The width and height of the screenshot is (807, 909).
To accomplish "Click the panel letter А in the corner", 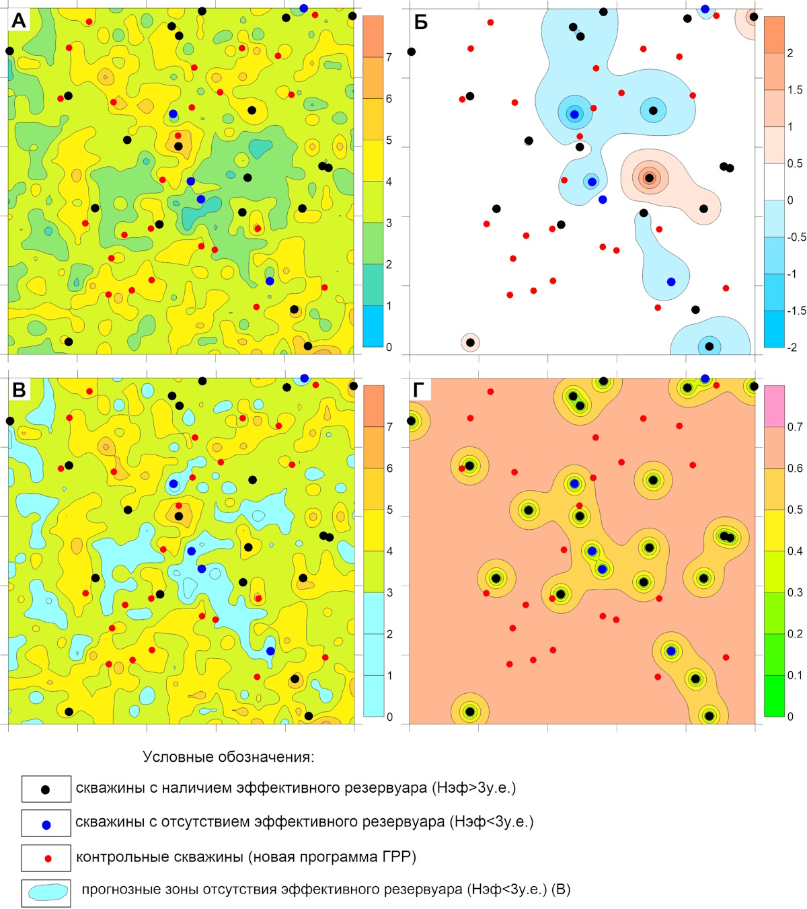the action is tap(18, 21).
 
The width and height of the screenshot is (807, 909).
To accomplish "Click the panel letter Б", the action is tap(420, 22).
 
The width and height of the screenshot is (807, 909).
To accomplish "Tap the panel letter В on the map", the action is tap(19, 391).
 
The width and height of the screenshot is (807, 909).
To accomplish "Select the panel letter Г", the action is tap(419, 391).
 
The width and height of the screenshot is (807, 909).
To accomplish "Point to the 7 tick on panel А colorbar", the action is tap(389, 57).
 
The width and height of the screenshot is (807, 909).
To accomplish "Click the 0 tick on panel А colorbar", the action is tap(389, 347).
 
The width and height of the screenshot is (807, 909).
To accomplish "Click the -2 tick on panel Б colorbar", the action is tap(792, 347).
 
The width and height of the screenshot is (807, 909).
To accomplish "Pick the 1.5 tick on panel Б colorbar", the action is tap(795, 90).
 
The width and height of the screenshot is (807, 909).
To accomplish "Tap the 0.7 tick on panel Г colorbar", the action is tap(795, 427).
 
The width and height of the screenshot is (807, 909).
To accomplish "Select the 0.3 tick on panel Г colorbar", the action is tap(795, 592).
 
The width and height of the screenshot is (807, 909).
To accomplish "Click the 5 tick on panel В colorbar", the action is tap(389, 510).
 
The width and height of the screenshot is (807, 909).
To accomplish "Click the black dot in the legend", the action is tap(45, 790).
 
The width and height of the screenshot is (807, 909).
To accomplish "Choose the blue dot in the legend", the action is tap(46, 825).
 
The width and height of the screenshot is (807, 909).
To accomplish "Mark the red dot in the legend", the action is tap(48, 859).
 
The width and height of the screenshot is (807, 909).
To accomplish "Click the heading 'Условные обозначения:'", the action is tap(229, 757).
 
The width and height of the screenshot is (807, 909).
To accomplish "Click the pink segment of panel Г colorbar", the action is tap(774, 406).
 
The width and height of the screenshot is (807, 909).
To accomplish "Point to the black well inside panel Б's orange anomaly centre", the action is tap(649, 178).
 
